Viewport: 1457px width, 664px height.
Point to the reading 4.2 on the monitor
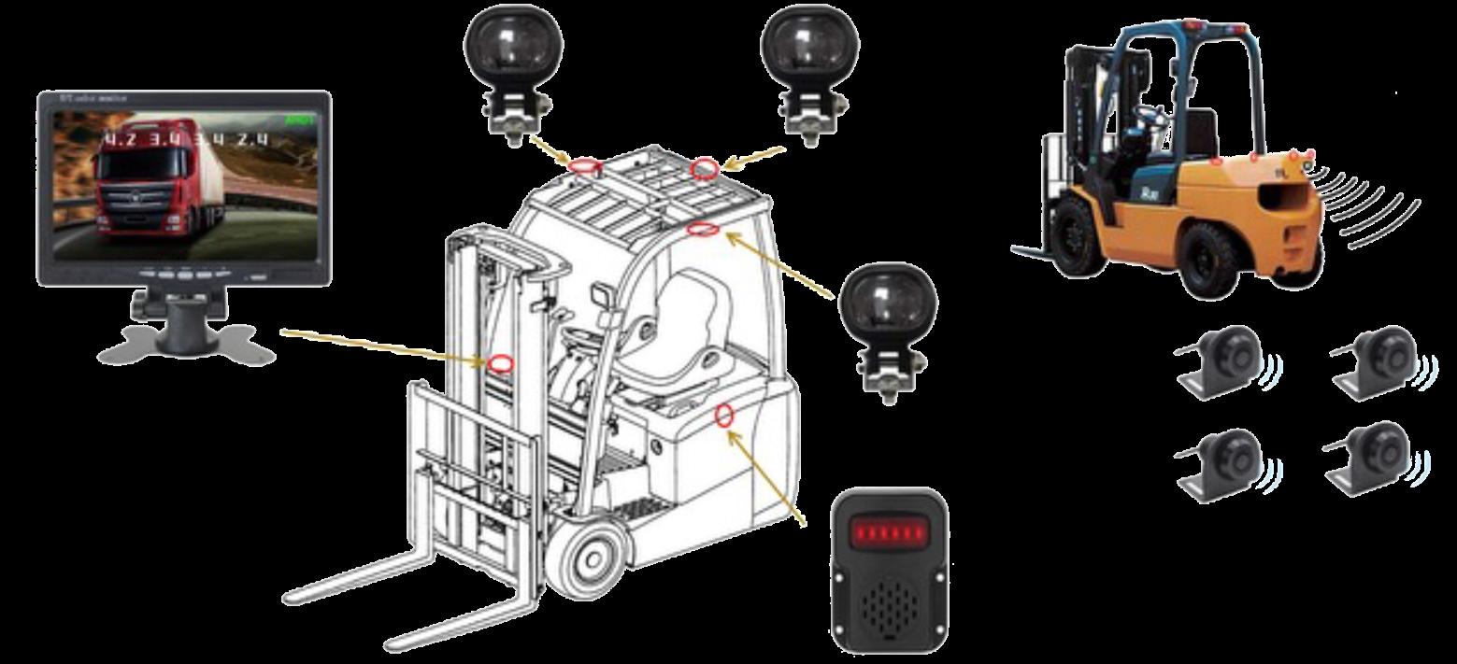(x=119, y=141)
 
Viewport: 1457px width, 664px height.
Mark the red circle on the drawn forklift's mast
(x=501, y=363)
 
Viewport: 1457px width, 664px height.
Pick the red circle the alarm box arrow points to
(x=723, y=415)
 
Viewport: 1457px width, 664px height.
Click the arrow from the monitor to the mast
(x=383, y=345)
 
